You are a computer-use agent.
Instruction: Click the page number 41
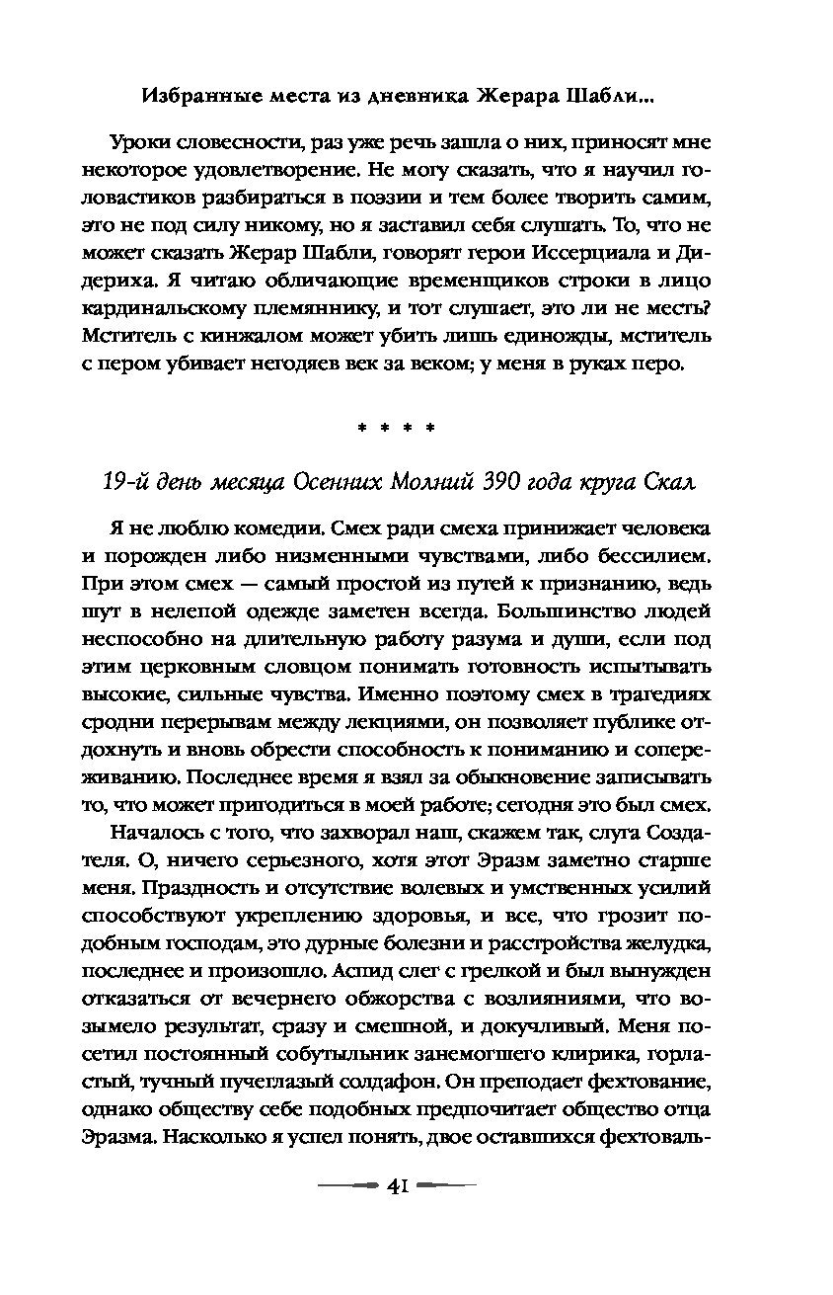[x=400, y=1185]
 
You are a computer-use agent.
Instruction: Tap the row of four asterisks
[x=396, y=431]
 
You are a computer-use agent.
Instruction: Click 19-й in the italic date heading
[x=127, y=483]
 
